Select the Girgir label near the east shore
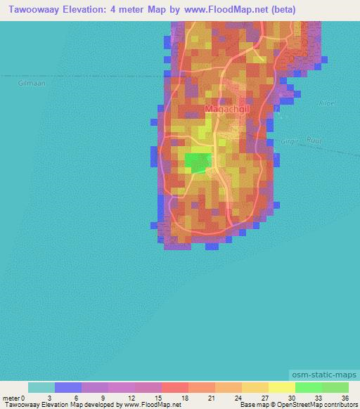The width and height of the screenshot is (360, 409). (288, 143)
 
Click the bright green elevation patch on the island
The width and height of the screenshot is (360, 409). (198, 162)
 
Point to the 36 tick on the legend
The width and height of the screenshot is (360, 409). (345, 397)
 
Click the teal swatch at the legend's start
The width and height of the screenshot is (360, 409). (41, 387)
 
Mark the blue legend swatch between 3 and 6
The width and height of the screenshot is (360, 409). (68, 387)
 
